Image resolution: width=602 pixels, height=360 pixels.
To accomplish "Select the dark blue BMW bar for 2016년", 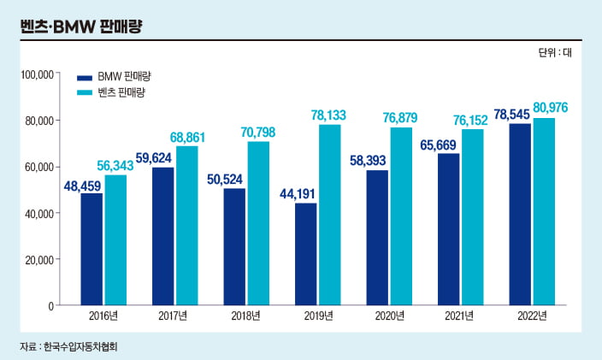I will [92, 249].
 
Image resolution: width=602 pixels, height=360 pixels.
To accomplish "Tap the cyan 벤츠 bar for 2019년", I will [330, 215].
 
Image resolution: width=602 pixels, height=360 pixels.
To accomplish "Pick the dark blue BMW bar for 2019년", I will [306, 254].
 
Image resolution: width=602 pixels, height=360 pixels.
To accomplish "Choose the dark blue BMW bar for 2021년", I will [449, 229].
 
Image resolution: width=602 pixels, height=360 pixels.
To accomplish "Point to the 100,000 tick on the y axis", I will [37, 74].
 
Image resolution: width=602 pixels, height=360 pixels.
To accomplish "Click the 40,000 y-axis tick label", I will [39, 213].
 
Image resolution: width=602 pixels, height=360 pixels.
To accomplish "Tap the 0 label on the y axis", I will [51, 305].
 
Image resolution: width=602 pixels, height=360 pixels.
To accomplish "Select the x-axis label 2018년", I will [246, 317].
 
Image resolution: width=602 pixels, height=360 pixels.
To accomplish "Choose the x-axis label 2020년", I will [389, 317].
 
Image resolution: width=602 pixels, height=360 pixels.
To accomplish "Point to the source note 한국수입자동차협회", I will [86, 347].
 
